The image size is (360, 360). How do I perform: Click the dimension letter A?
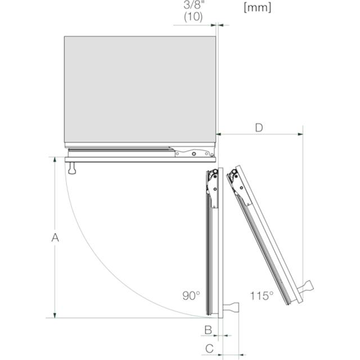click(55, 237)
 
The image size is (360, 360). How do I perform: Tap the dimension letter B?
click(208, 330)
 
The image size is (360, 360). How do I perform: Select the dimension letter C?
click(209, 349)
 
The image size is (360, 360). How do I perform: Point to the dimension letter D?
click(259, 128)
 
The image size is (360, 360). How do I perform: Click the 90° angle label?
click(191, 296)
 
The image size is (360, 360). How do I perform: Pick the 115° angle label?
click(262, 296)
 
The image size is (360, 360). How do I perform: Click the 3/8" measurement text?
click(194, 5)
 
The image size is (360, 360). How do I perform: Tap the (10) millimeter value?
click(193, 17)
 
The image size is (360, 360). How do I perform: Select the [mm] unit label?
click(258, 7)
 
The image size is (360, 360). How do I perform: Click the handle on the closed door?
click(72, 168)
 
